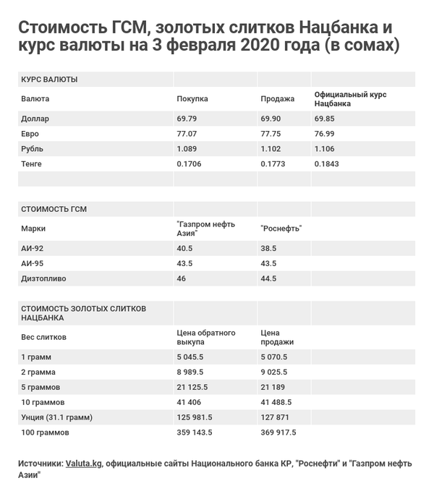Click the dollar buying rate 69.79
tap(187, 119)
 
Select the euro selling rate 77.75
tap(271, 134)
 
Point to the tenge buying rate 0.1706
tap(190, 164)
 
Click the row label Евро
tap(30, 134)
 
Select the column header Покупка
tap(192, 99)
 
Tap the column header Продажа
tap(277, 99)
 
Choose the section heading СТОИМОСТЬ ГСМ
tap(54, 209)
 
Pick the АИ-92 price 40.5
tap(185, 248)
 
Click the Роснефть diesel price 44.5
tap(268, 278)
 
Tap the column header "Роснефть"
tap(281, 229)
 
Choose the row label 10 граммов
tap(43, 402)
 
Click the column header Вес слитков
tap(44, 337)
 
